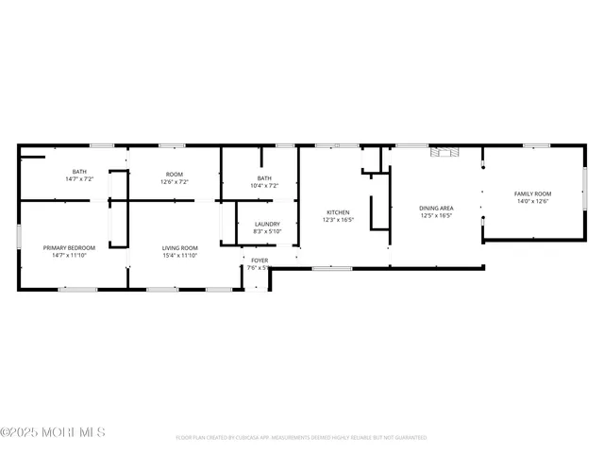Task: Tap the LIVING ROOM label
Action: pyautogui.click(x=179, y=247)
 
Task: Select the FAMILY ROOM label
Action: pyautogui.click(x=531, y=193)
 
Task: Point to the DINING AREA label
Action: pyautogui.click(x=436, y=208)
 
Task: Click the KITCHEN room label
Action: pyautogui.click(x=338, y=212)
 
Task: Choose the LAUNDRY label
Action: pyautogui.click(x=267, y=224)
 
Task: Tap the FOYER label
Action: pyautogui.click(x=260, y=260)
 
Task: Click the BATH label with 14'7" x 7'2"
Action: pyautogui.click(x=79, y=172)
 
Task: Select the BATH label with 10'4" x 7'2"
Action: pyautogui.click(x=264, y=178)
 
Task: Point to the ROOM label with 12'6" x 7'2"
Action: pyautogui.click(x=175, y=174)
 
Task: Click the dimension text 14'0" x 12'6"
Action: pyautogui.click(x=531, y=201)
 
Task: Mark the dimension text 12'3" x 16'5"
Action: pyautogui.click(x=338, y=220)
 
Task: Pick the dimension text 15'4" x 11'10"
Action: pyautogui.click(x=179, y=255)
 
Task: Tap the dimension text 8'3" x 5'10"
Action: pyautogui.click(x=267, y=231)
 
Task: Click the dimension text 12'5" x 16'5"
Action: pyautogui.click(x=436, y=215)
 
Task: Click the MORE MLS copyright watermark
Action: pyautogui.click(x=53, y=432)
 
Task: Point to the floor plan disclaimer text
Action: pyautogui.click(x=301, y=438)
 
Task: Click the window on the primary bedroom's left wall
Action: pyautogui.click(x=19, y=235)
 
